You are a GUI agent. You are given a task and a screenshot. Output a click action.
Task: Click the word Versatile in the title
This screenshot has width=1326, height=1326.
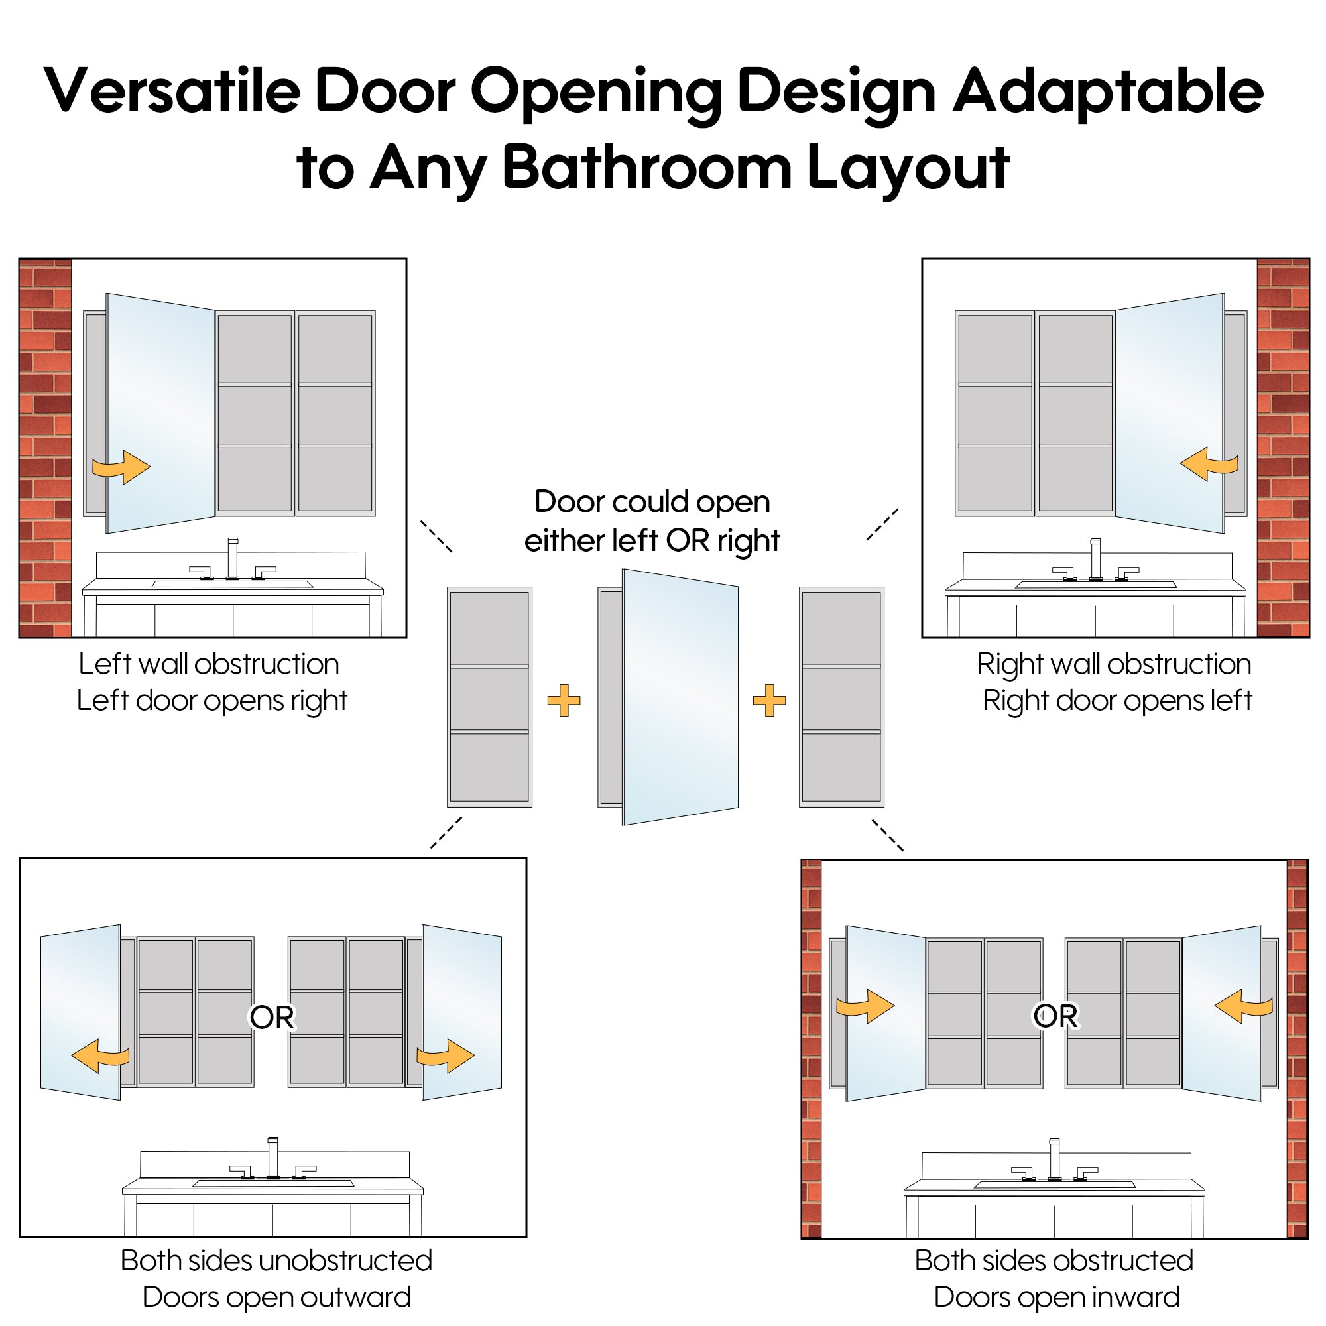tap(172, 91)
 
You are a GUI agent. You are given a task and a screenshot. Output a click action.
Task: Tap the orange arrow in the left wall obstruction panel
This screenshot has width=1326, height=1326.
tap(121, 467)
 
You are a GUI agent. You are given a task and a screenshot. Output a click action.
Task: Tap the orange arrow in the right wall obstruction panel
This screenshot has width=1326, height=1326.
tap(1209, 464)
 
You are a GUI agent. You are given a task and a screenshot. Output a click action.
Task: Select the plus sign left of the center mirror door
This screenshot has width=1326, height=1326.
tap(564, 701)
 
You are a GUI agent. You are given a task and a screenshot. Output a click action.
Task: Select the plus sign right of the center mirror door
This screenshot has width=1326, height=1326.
tap(769, 701)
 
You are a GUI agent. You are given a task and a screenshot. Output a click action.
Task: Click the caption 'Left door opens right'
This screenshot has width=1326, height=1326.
tap(212, 701)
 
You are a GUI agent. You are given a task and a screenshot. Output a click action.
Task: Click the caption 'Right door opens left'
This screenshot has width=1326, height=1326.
tap(1117, 701)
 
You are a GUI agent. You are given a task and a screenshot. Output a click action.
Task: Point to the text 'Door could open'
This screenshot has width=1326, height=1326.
tap(652, 503)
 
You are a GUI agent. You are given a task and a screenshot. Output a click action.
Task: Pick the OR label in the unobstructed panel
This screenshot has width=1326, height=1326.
tap(272, 1017)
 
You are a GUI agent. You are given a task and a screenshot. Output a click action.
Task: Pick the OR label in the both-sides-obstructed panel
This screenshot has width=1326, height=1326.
tap(1055, 1016)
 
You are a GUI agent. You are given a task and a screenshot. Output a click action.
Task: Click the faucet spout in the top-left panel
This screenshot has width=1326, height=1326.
tap(233, 558)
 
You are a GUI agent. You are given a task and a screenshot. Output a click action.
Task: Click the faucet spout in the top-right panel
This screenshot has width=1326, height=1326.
tap(1095, 559)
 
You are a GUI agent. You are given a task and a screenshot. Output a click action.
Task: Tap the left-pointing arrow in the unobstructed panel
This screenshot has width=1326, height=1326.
tap(100, 1055)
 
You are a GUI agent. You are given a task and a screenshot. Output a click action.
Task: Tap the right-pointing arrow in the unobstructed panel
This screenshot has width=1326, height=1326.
tap(446, 1055)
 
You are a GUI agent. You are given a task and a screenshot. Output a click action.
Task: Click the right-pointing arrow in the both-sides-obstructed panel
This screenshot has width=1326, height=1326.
tap(865, 1006)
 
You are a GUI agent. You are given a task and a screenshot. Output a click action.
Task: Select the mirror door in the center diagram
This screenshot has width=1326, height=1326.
tap(680, 697)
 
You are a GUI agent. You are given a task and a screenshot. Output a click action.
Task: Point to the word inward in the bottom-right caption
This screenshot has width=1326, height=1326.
tap(1136, 1297)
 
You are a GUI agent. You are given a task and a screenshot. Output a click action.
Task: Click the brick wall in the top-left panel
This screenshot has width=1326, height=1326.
tap(45, 448)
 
